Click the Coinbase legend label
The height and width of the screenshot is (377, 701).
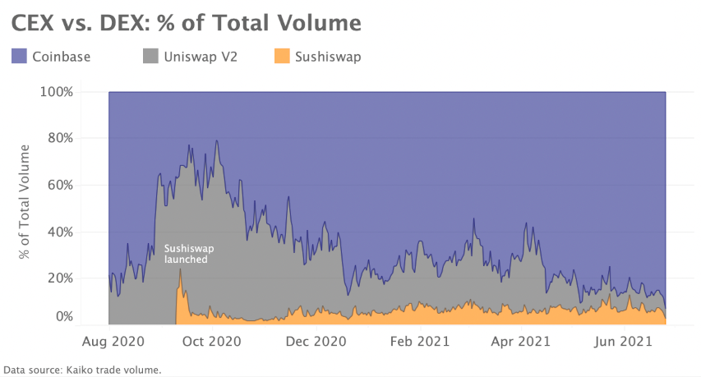point(61,57)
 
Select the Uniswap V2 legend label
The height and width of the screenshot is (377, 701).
point(201,57)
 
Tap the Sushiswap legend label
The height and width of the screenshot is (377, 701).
point(328,57)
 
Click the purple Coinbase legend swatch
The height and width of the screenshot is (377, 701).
point(20,57)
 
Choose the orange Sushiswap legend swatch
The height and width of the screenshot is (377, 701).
point(283,57)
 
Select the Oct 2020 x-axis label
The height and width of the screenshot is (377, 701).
point(213,340)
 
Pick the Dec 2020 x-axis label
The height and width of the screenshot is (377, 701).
point(316,340)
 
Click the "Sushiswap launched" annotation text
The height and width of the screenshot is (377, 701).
point(187,253)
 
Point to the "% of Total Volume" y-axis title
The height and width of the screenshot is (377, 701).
point(25,202)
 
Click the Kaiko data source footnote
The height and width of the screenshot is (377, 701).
point(82,370)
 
